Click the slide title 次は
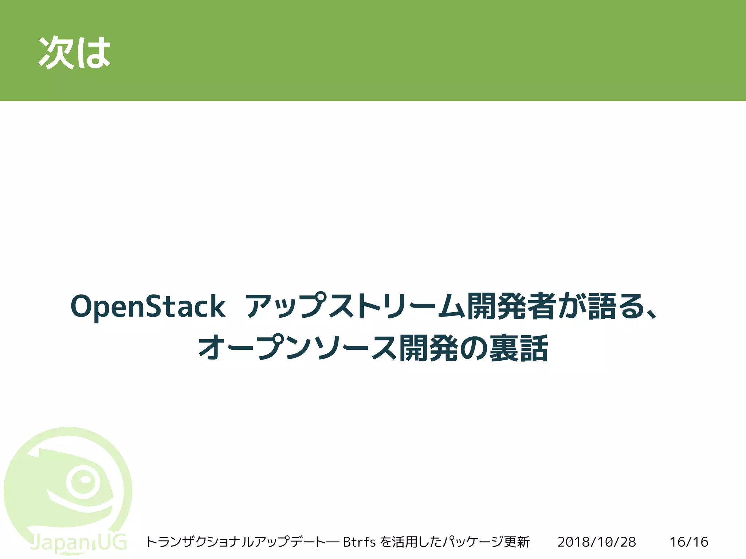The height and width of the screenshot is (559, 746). (74, 52)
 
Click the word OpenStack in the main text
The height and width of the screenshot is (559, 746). (148, 306)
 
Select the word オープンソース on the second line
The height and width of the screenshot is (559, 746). (297, 348)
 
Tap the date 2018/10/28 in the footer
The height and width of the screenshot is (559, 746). (597, 542)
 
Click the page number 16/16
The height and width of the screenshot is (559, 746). (689, 542)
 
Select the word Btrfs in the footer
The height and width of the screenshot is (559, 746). (359, 542)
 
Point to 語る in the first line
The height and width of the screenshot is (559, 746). (616, 306)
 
